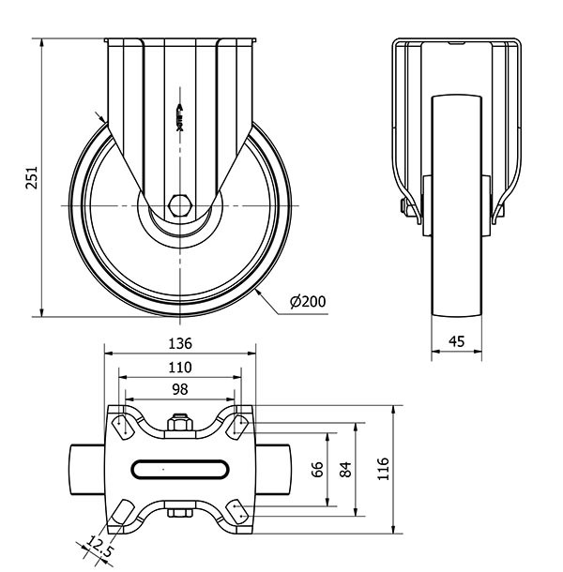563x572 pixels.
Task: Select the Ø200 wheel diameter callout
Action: click(308, 301)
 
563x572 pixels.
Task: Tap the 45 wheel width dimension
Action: click(457, 341)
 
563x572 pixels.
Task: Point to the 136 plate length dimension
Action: click(180, 342)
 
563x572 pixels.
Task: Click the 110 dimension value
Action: click(180, 367)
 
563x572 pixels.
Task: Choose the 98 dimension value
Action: click(180, 389)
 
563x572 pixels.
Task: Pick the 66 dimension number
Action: click(317, 468)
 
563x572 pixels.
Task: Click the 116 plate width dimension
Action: click(384, 468)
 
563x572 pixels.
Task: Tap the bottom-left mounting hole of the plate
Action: click(123, 512)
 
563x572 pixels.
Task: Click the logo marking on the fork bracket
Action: click(179, 114)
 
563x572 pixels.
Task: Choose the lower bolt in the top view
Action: click(178, 511)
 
